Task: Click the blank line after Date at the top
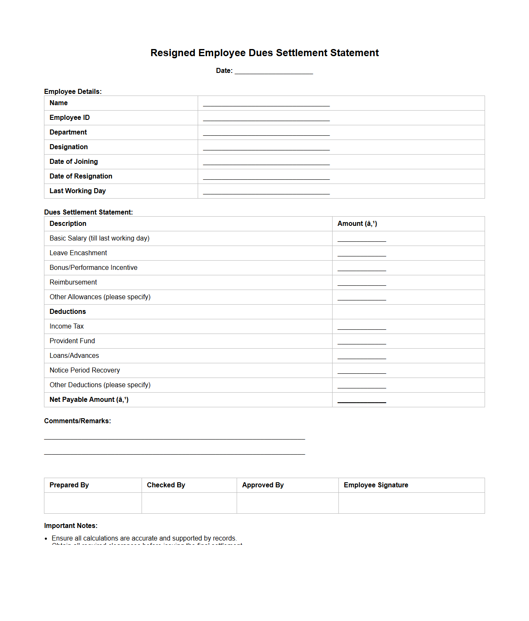click(274, 72)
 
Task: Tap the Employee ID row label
click(70, 118)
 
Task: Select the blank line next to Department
click(266, 133)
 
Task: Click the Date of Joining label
click(74, 162)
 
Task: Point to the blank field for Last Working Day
click(266, 192)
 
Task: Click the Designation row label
click(69, 147)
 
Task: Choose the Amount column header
click(357, 224)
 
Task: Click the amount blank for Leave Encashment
click(361, 254)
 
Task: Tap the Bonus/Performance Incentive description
click(93, 268)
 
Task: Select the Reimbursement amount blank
click(361, 283)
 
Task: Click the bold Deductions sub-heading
click(68, 312)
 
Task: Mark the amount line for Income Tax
click(361, 327)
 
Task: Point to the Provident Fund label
click(72, 341)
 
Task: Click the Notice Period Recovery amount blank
click(361, 371)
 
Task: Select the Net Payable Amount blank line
click(361, 401)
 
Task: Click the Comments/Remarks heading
click(77, 421)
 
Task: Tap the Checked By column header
click(166, 485)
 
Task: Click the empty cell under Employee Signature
click(411, 503)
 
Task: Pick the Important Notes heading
click(71, 526)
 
